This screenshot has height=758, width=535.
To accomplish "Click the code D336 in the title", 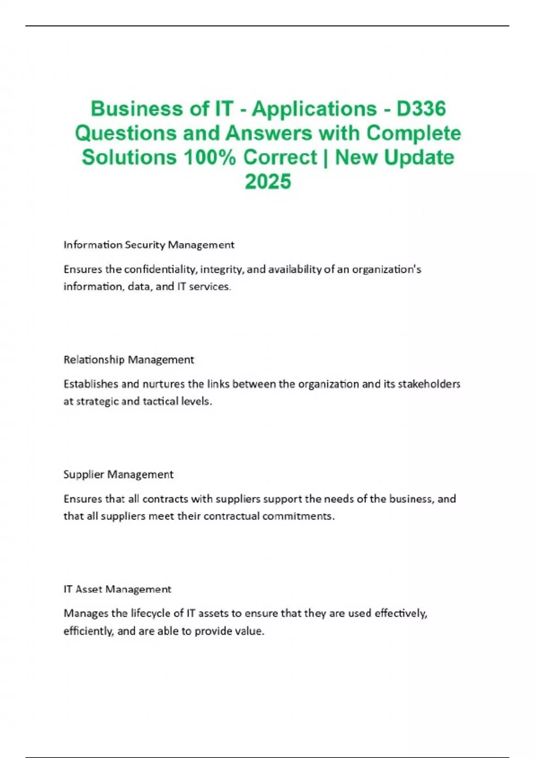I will point(421,108).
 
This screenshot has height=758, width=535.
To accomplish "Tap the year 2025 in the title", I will point(267,181).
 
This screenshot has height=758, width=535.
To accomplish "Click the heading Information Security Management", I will point(149,245).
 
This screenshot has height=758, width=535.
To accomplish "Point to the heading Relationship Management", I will point(129,360).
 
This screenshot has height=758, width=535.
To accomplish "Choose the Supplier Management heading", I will point(118,474).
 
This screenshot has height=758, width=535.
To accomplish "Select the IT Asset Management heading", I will point(117,589).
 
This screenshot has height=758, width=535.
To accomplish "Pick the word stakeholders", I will point(428,384).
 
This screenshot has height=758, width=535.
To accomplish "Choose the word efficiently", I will point(88,631).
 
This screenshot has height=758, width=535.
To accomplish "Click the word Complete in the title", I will point(414,133).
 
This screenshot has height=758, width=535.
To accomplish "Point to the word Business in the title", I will point(136,108).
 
